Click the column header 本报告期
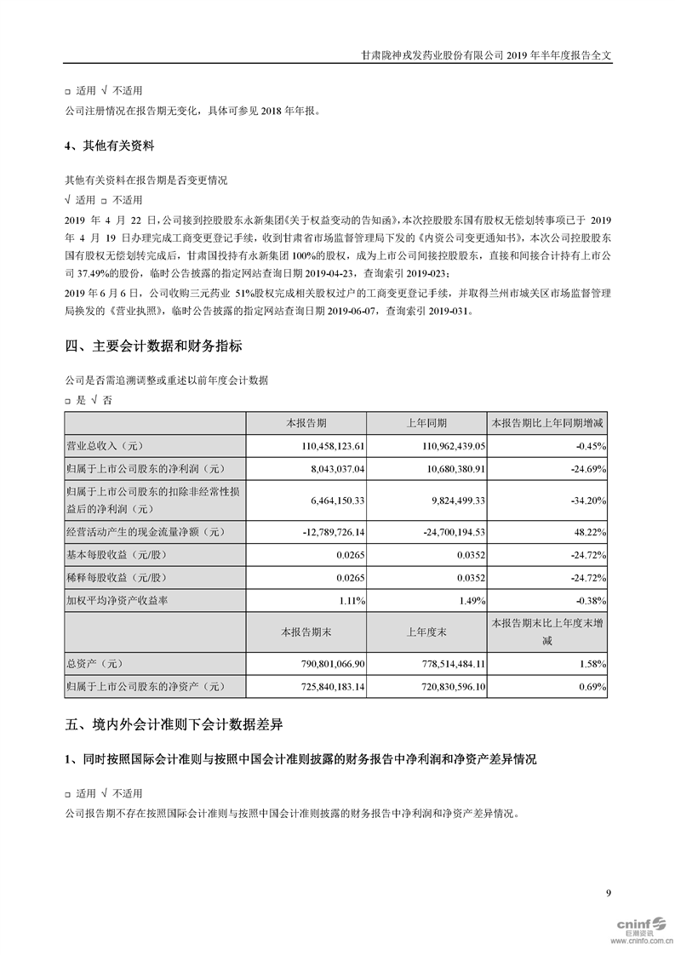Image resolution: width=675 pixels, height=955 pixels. (306, 424)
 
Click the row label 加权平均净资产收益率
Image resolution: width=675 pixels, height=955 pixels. (117, 600)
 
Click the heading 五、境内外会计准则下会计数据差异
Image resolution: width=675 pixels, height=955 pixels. (174, 725)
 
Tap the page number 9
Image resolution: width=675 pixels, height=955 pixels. (608, 892)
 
